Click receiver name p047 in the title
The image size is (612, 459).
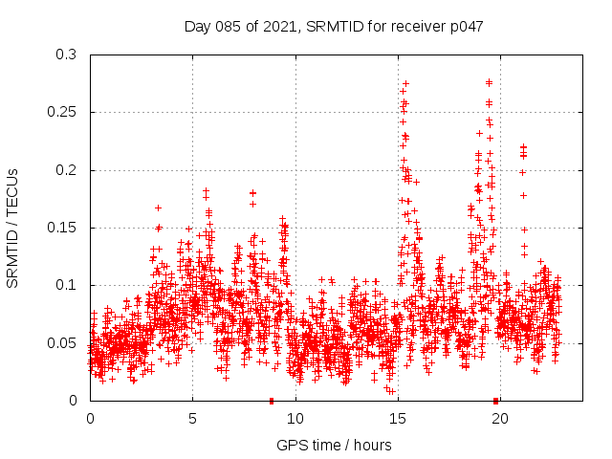pos(464,27)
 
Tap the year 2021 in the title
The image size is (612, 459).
pos(278,27)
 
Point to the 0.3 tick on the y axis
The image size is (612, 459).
pos(67,55)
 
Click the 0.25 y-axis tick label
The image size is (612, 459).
pos(63,112)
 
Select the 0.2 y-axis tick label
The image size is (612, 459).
pos(67,170)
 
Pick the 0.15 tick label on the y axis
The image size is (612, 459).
pos(63,228)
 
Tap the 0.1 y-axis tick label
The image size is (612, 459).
pos(67,285)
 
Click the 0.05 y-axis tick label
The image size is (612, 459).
pos(63,342)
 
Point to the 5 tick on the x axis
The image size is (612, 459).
pos(192,418)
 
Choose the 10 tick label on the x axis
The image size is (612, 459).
pos(295,418)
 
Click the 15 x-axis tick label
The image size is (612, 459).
pos(397,418)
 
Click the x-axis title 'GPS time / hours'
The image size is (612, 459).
pos(334,445)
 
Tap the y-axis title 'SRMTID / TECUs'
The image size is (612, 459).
pos(13,227)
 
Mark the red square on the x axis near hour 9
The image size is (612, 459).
pos(272,401)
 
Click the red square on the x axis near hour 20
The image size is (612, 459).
pos(495,401)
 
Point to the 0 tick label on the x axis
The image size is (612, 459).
pos(90,418)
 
